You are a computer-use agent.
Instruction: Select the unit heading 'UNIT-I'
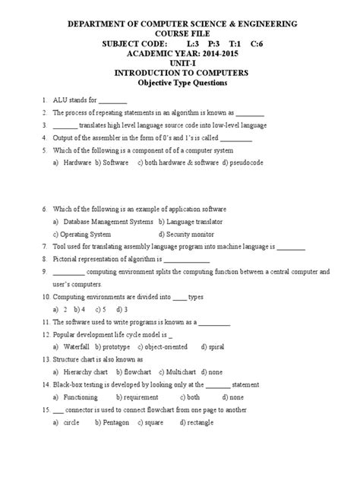coord(180,63)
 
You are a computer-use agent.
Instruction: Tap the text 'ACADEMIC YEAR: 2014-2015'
coord(180,53)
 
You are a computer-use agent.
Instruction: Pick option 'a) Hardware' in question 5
coord(73,163)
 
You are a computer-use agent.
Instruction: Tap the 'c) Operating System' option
coord(84,235)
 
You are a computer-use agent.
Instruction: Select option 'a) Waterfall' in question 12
coord(76,346)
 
